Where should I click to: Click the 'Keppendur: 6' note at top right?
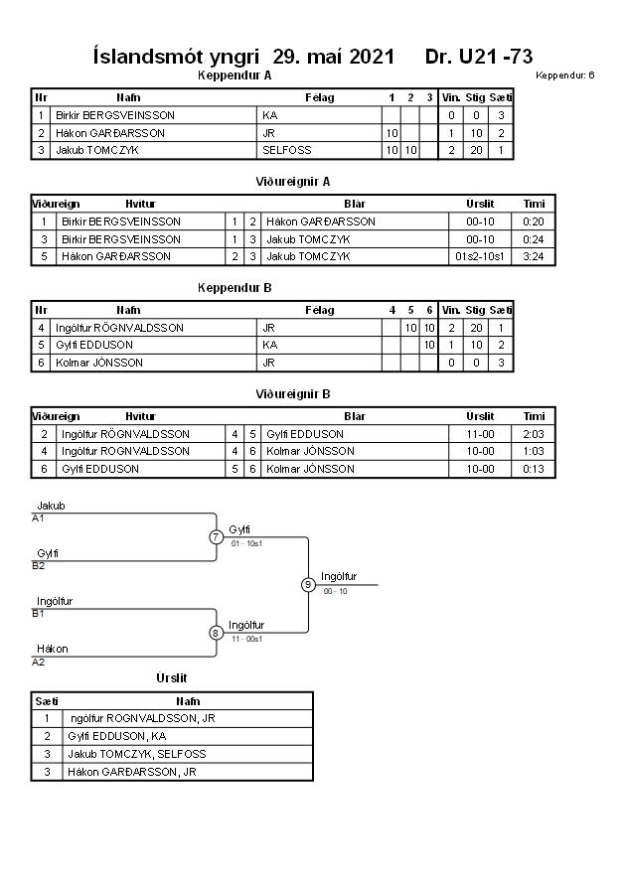point(565,75)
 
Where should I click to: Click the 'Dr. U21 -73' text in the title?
point(479,57)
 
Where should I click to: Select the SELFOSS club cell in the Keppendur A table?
point(287,150)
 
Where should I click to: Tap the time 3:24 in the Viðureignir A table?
point(534,256)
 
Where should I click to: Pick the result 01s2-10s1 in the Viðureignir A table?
point(480,256)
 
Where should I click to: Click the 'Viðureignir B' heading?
point(293,394)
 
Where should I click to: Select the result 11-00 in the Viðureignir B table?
point(480,434)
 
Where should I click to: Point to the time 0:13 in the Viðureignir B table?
point(534,469)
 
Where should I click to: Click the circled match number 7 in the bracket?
point(217,536)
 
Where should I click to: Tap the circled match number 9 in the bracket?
point(308,585)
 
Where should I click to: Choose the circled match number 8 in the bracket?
point(216,633)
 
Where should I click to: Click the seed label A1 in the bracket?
point(38,518)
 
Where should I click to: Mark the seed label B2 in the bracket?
point(39,565)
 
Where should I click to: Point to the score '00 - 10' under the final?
point(335,591)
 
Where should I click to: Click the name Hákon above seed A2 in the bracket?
point(53,649)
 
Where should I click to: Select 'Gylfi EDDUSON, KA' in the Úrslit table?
point(117,736)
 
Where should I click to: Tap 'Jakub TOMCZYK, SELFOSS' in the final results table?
point(137,754)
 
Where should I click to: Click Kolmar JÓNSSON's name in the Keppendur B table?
point(99,363)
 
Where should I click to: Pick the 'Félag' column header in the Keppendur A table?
point(320,97)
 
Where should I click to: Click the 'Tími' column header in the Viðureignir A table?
point(534,204)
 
